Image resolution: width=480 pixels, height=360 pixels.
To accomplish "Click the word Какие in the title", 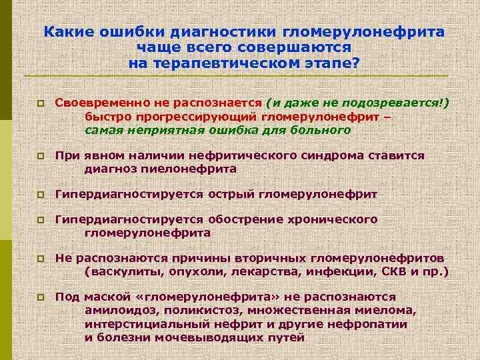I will pos(73,33).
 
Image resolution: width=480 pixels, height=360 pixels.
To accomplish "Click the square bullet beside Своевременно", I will pos(40,104).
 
